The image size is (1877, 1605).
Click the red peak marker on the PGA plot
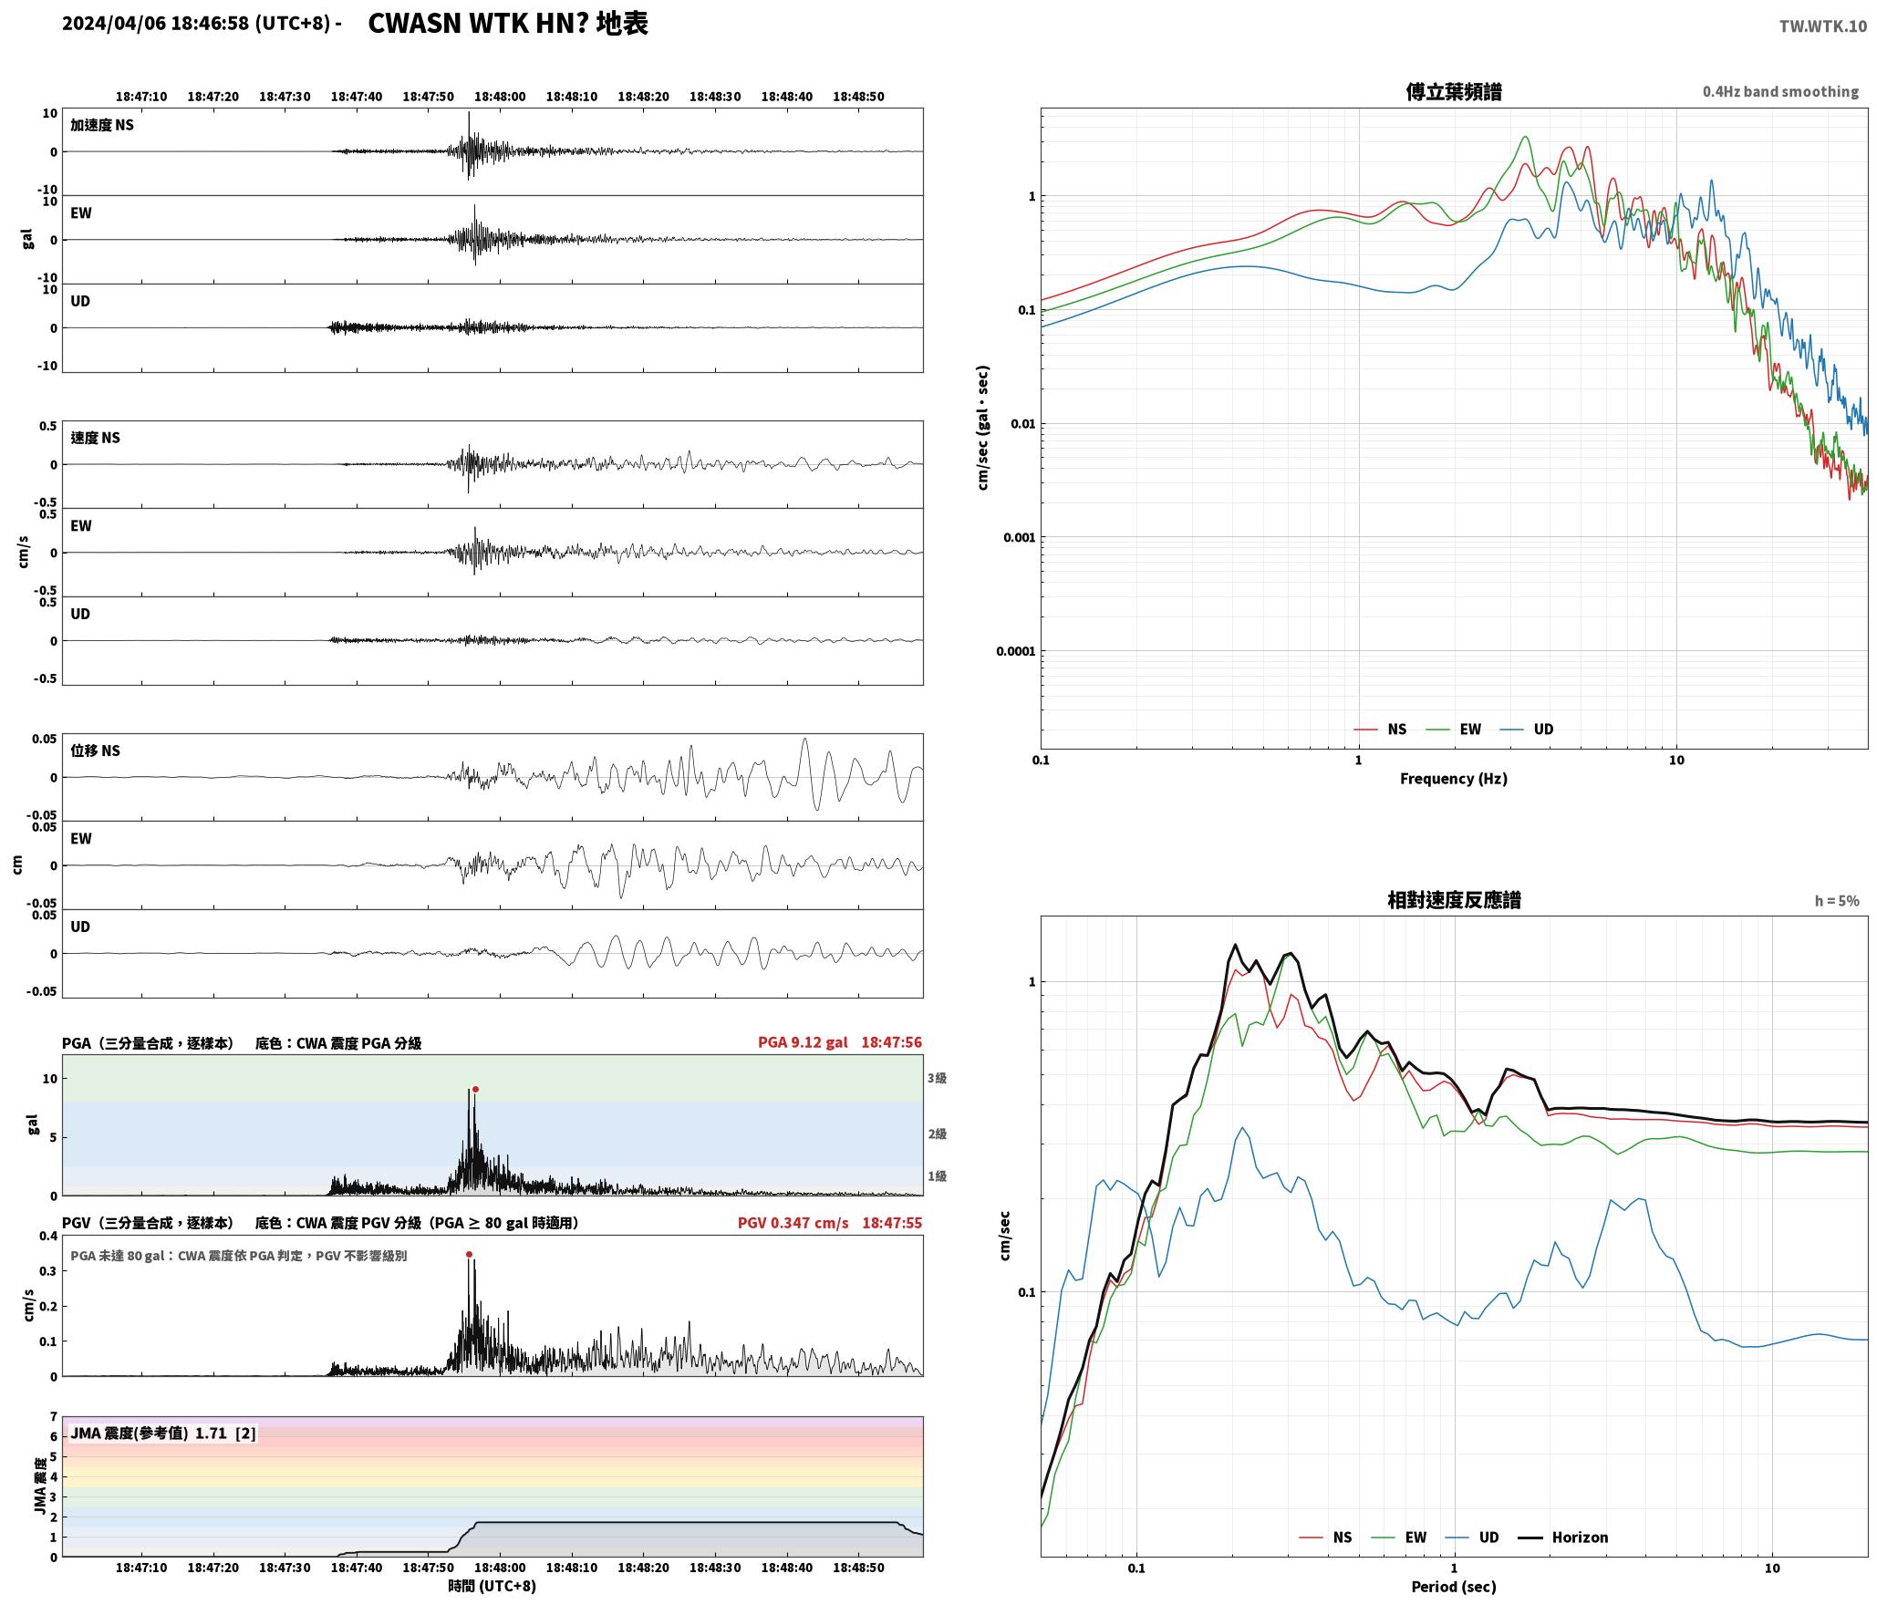click(x=475, y=1089)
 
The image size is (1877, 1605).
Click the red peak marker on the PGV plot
click(x=469, y=1254)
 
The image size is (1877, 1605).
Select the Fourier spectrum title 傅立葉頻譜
click(x=1454, y=91)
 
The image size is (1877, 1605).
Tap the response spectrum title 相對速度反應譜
click(x=1454, y=900)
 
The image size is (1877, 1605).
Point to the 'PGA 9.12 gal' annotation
click(x=803, y=1041)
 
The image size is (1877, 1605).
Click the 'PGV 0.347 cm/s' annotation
click(x=793, y=1222)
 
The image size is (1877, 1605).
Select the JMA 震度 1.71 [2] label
click(x=162, y=1433)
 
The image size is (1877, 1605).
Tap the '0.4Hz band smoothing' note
click(x=1780, y=91)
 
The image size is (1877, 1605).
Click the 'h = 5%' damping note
click(x=1836, y=901)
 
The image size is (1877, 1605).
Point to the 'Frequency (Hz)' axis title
click(x=1454, y=778)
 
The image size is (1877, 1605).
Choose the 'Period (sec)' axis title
click(x=1454, y=1586)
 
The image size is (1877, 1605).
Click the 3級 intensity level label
click(x=937, y=1078)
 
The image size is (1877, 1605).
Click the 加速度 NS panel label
click(x=102, y=125)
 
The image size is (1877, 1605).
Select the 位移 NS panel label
click(x=96, y=751)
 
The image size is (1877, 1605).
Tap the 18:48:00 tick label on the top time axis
click(x=500, y=97)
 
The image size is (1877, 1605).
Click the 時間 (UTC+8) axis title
click(x=493, y=1586)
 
